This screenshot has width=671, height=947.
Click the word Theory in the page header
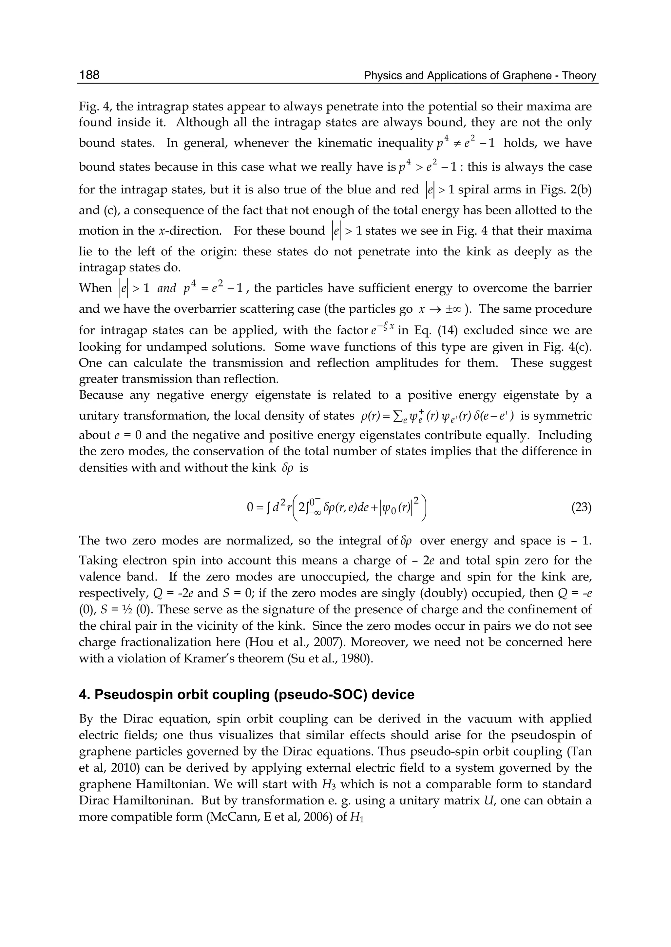tap(579, 76)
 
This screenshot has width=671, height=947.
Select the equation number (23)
tap(581, 507)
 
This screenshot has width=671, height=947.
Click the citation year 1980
tap(357, 658)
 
